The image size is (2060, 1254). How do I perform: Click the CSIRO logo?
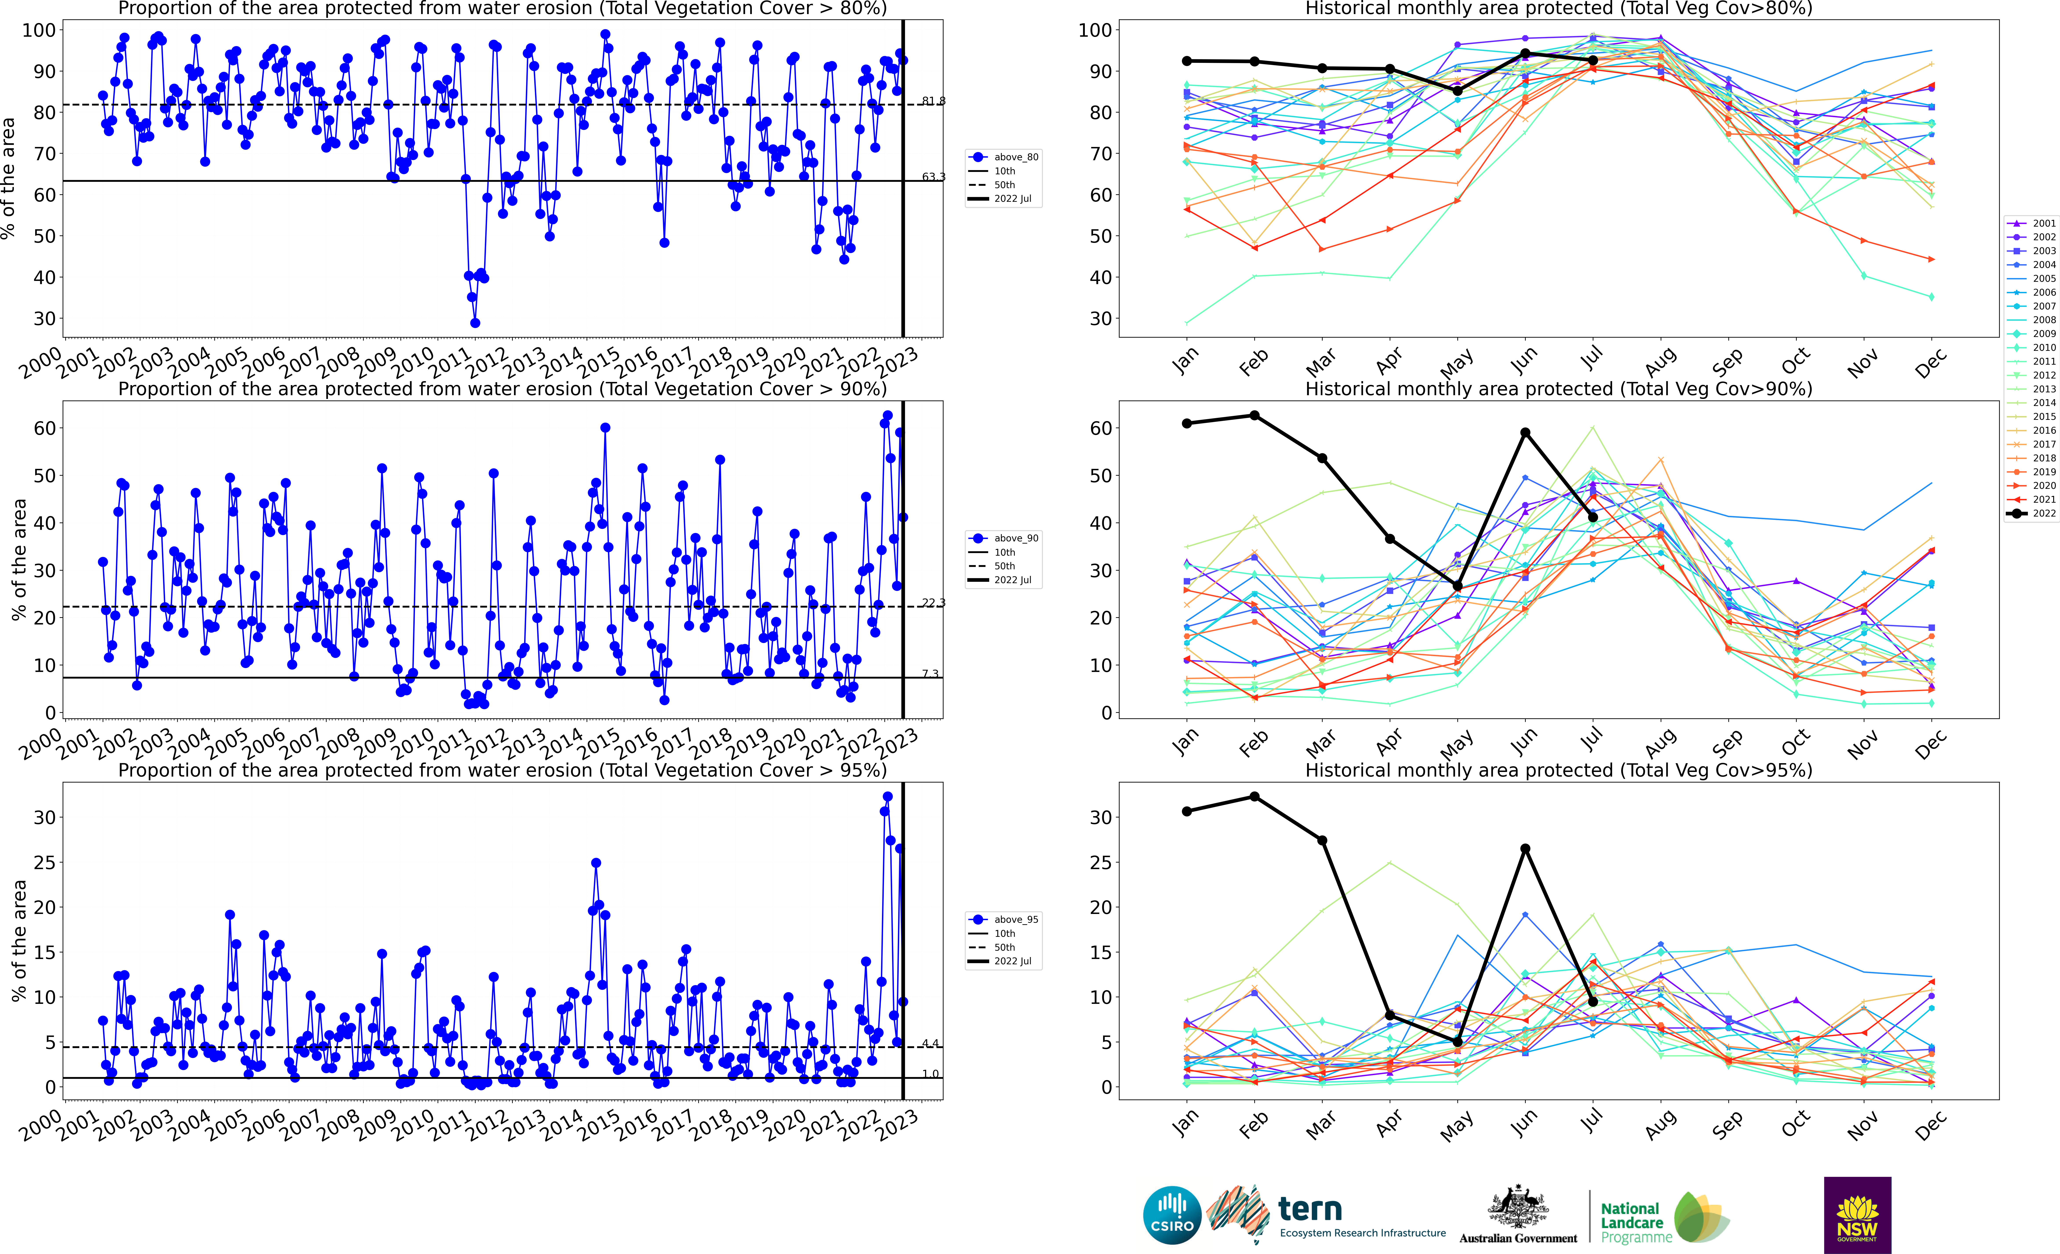point(1172,1215)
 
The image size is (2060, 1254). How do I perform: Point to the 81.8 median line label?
point(933,101)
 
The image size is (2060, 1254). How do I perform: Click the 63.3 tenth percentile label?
point(933,177)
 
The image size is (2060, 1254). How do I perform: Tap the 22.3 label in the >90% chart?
point(933,603)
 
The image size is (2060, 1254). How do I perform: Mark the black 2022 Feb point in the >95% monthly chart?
point(1254,797)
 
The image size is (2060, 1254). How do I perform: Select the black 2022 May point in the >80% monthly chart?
point(1457,91)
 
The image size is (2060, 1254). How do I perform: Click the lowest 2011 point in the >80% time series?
point(475,323)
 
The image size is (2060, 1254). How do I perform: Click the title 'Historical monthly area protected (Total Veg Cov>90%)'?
point(1558,389)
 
